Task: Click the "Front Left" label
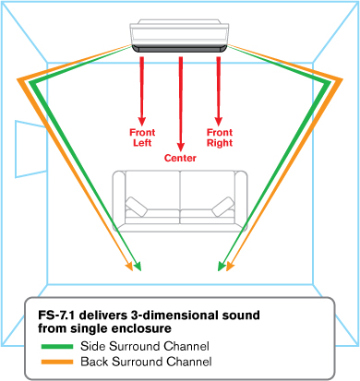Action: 142,137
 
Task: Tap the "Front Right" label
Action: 220,137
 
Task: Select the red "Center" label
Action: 180,158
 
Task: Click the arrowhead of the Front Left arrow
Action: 142,121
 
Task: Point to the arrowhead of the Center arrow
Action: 181,147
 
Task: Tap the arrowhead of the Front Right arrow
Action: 219,121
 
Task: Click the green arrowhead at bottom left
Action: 138,267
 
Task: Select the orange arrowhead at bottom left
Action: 129,267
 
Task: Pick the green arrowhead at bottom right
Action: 222,267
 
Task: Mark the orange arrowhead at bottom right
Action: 230,267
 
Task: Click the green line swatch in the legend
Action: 57,347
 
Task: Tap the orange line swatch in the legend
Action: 57,362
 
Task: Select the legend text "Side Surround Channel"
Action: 145,346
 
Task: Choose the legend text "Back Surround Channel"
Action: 146,362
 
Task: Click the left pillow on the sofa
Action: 137,207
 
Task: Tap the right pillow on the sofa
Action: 222,207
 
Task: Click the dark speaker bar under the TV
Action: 180,49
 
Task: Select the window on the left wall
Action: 31,149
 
